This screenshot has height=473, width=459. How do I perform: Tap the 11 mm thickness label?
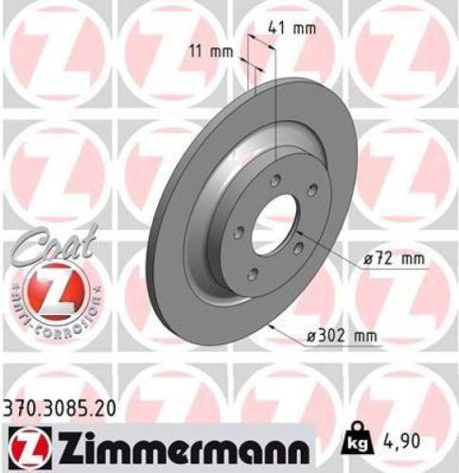tap(219, 50)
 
